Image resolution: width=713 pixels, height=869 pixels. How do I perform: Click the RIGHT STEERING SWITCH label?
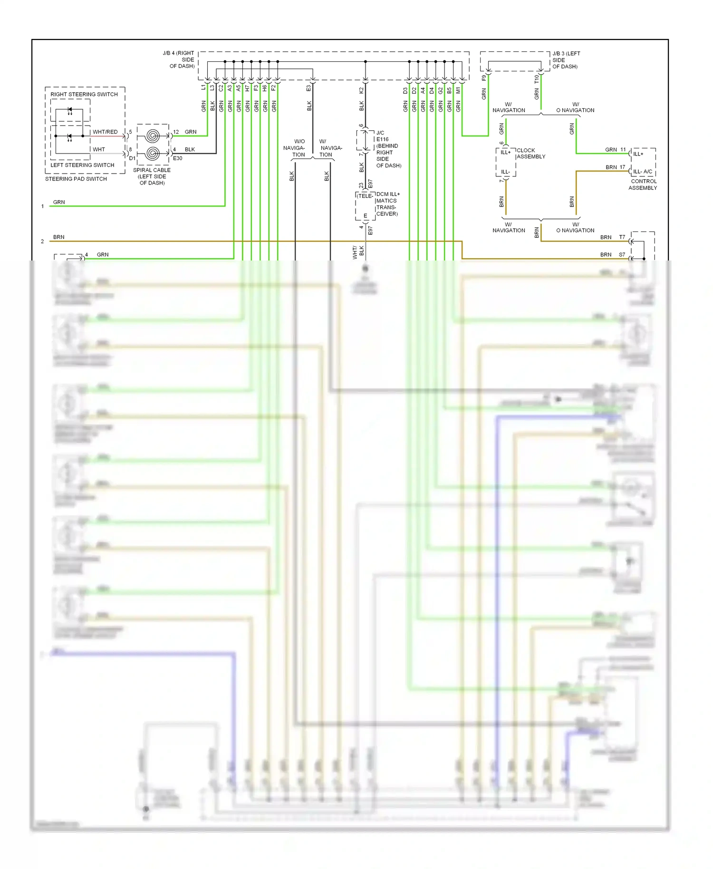coord(84,94)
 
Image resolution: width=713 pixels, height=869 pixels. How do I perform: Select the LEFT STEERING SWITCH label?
coord(82,165)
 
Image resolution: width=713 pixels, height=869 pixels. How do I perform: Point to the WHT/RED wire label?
coord(105,132)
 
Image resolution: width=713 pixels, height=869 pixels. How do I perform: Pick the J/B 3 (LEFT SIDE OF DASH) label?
coord(566,60)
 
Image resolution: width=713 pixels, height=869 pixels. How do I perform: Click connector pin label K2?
coord(361,90)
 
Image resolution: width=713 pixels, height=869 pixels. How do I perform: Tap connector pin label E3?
coord(308,88)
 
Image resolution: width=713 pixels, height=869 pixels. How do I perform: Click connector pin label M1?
coord(458,90)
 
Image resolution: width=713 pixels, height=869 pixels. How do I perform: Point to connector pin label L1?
coord(204,87)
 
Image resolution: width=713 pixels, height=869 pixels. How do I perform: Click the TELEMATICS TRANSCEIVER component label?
coord(386,204)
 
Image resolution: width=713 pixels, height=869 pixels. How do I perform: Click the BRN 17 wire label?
coord(615,167)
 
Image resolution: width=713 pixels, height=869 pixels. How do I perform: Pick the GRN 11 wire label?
coord(615,149)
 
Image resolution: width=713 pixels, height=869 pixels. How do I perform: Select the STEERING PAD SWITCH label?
coord(76,179)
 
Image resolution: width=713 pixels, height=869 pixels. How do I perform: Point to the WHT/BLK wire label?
coord(358,252)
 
